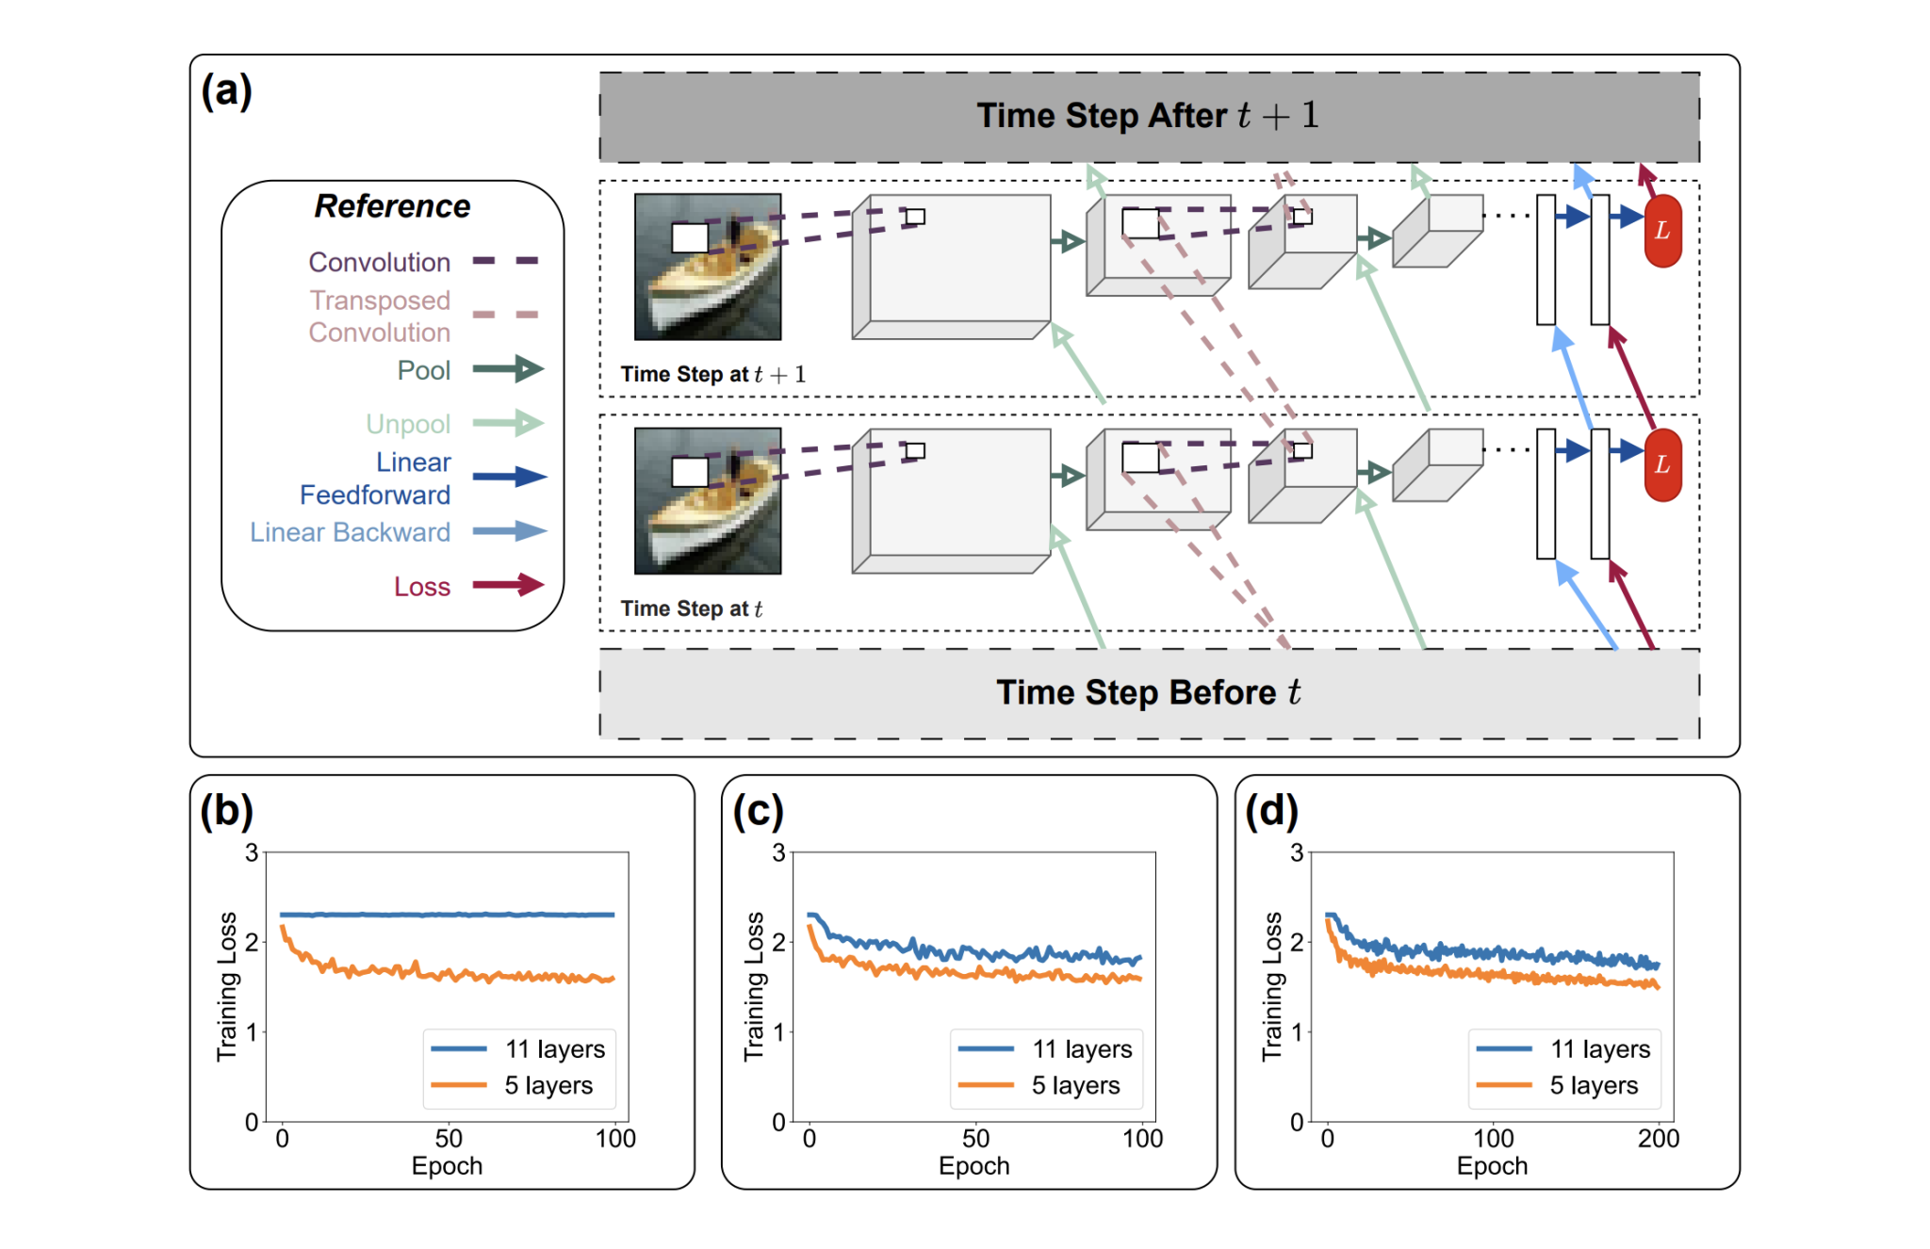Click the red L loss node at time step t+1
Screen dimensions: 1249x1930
(1662, 231)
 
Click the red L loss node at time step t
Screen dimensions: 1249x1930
(1662, 464)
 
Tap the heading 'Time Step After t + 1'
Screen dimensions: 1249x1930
(1148, 116)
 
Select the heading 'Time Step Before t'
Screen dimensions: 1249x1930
(1148, 692)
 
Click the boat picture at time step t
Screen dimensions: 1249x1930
(708, 500)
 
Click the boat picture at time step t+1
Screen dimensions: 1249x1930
(708, 267)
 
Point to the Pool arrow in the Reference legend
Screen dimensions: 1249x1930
(508, 369)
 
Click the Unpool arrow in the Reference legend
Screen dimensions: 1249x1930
(508, 423)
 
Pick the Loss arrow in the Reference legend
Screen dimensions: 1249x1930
(508, 585)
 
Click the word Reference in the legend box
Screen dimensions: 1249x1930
(392, 206)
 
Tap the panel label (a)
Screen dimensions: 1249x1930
(226, 91)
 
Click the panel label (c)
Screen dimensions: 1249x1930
(758, 811)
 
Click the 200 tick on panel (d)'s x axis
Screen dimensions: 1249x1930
(1658, 1139)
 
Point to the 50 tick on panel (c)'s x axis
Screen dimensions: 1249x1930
(975, 1139)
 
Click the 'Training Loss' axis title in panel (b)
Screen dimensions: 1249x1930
(227, 986)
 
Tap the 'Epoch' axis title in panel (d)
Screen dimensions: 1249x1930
(1492, 1166)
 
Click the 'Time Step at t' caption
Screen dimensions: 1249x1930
(691, 608)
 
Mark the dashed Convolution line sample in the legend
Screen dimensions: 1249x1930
(505, 261)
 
